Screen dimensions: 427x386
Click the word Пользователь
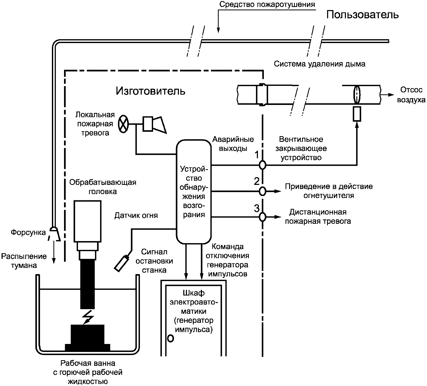(362, 15)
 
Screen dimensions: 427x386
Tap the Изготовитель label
(151, 91)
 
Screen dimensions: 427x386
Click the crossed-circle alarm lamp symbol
(123, 124)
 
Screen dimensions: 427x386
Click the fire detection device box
(194, 192)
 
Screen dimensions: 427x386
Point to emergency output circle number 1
(262, 165)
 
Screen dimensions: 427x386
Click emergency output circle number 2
(262, 191)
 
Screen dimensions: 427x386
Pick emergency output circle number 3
(262, 217)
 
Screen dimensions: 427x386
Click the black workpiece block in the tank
(88, 338)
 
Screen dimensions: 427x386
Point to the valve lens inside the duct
(357, 94)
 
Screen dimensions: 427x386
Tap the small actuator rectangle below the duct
(357, 114)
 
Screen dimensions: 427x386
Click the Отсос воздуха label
(411, 95)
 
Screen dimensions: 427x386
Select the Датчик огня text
(136, 215)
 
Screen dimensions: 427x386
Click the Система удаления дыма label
(320, 64)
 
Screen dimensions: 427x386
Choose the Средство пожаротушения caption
(267, 4)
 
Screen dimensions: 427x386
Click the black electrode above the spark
(88, 284)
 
